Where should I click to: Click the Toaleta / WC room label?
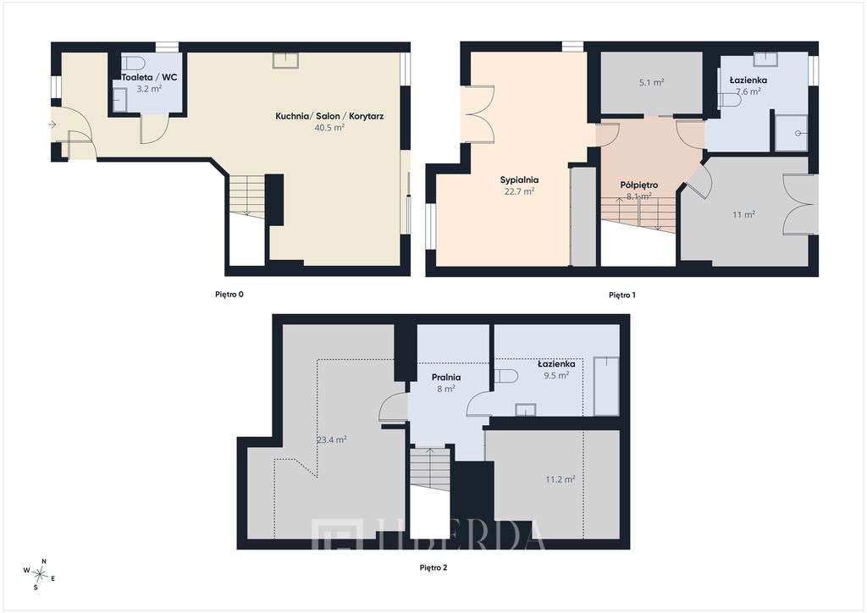149,77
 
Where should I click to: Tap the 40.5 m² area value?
329,127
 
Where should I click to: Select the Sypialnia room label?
519,180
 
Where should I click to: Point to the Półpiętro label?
638,185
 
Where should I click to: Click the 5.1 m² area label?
651,82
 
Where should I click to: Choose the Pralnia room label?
446,378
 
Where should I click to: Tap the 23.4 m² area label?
332,440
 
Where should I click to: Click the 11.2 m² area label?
561,479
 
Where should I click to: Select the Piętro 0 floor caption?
229,295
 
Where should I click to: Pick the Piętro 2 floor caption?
433,567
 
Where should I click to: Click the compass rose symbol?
40,574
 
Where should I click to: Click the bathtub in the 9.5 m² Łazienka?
606,386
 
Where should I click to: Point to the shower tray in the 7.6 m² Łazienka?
792,133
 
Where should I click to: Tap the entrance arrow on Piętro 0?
52,125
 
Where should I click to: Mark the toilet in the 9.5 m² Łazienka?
505,377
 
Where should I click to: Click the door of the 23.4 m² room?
394,408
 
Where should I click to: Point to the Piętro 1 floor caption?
622,295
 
